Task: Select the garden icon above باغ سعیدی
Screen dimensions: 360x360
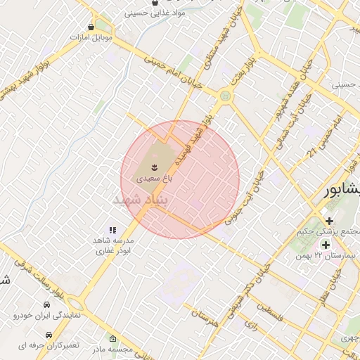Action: pos(153,167)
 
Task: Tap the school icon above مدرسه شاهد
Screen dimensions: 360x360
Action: pos(112,229)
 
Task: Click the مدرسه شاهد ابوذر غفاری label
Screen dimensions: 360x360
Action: pos(113,245)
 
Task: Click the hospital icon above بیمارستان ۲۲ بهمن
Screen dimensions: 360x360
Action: pos(326,244)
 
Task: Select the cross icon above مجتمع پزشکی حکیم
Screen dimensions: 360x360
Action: pos(329,221)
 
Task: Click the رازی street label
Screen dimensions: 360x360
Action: pos(251,326)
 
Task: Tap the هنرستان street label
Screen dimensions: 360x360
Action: pos(204,321)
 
